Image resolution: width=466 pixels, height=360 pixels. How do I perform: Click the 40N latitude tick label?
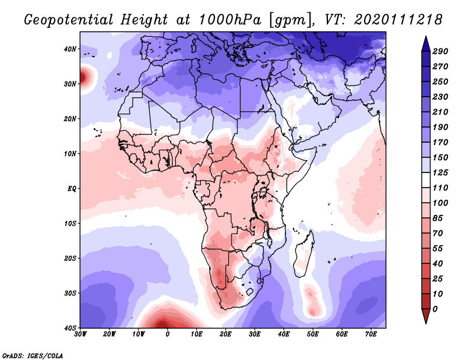(70, 49)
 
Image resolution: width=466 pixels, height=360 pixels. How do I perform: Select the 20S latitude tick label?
(70, 258)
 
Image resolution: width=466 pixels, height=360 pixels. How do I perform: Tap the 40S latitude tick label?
(70, 327)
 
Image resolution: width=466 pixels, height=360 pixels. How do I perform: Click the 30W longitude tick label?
(80, 334)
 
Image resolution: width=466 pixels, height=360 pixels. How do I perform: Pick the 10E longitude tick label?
(196, 334)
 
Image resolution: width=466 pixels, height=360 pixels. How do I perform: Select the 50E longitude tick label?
(312, 334)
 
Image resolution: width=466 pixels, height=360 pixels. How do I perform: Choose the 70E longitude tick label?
(370, 334)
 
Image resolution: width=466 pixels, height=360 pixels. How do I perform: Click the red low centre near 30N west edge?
(84, 76)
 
